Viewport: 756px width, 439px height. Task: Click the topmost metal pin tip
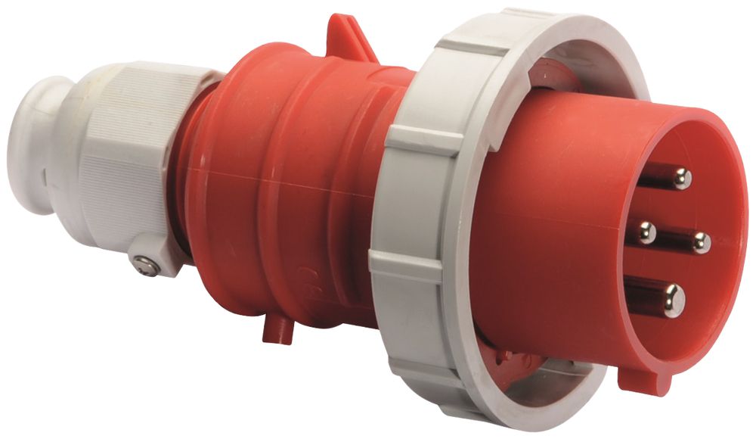click(x=681, y=179)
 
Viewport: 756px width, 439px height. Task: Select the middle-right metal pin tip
click(x=701, y=243)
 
